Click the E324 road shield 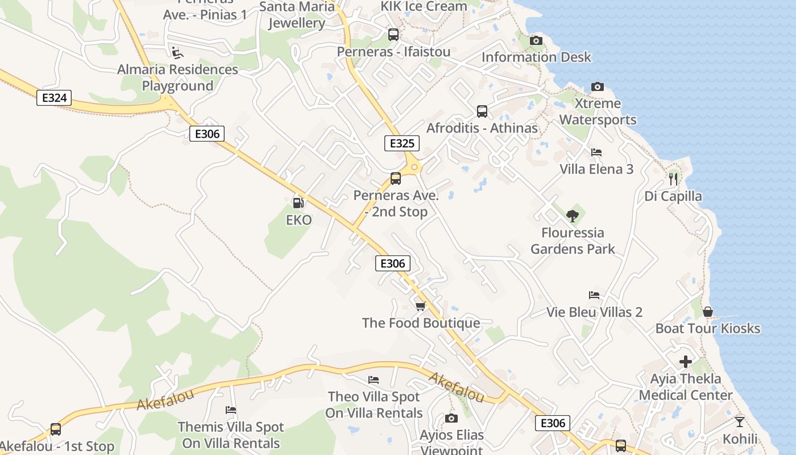pos(54,98)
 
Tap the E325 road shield pos(402,143)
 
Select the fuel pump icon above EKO pos(298,202)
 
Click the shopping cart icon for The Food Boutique pos(421,306)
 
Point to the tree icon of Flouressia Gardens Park pos(573,216)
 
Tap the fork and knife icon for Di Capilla pos(673,179)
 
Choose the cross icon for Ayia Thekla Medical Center pos(686,362)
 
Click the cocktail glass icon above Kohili pos(739,421)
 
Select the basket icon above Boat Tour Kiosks pos(708,311)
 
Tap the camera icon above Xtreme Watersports pos(597,86)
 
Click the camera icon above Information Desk pos(536,40)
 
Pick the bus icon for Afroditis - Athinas pos(482,111)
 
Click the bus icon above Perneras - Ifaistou pos(393,35)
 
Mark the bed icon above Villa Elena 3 pos(596,152)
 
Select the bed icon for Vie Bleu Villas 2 pos(594,295)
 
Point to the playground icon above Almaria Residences pos(177,52)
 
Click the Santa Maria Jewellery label pos(297,15)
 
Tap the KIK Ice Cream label pos(424,6)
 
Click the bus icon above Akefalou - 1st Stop pos(56,429)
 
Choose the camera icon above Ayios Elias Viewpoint pos(451,418)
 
